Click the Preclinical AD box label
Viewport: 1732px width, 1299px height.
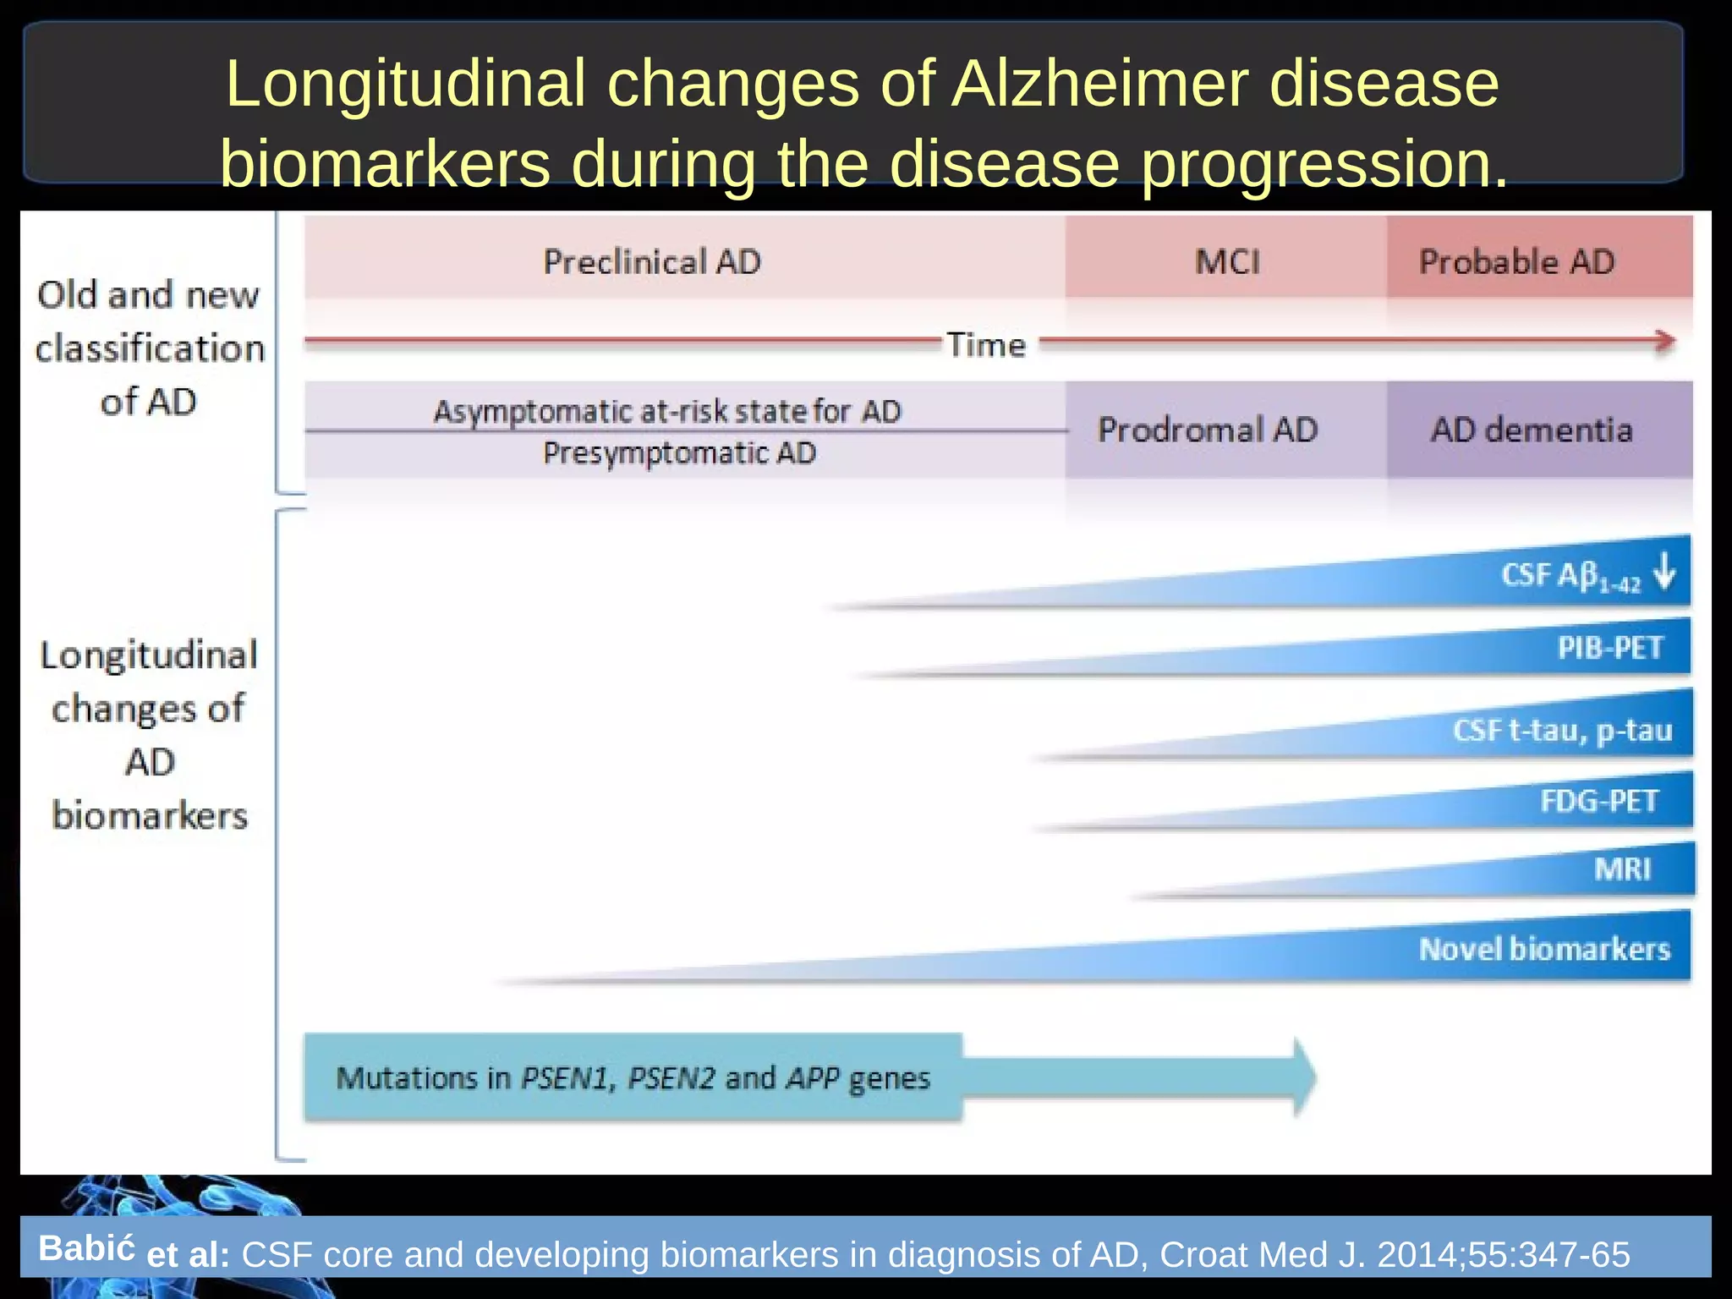[x=651, y=261]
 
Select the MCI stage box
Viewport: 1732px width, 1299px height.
[x=1226, y=261]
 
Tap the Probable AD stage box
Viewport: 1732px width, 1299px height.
[x=1516, y=261]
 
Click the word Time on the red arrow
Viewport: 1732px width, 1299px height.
[x=986, y=345]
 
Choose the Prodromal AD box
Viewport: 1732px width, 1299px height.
[x=1208, y=430]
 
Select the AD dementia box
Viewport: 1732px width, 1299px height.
[x=1531, y=430]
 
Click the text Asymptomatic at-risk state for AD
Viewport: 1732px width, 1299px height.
[x=667, y=411]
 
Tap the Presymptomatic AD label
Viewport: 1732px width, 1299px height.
[x=679, y=453]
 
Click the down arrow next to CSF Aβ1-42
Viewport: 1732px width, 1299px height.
[x=1664, y=571]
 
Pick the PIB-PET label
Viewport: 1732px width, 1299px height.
[x=1610, y=648]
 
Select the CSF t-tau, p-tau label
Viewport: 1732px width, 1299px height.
[x=1562, y=730]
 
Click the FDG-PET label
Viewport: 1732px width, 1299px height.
[x=1598, y=800]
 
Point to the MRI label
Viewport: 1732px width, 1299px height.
[x=1622, y=869]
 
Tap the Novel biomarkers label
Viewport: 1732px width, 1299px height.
[x=1544, y=949]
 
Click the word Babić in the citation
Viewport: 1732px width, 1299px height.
[x=86, y=1248]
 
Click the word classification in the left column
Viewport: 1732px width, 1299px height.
[x=150, y=348]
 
